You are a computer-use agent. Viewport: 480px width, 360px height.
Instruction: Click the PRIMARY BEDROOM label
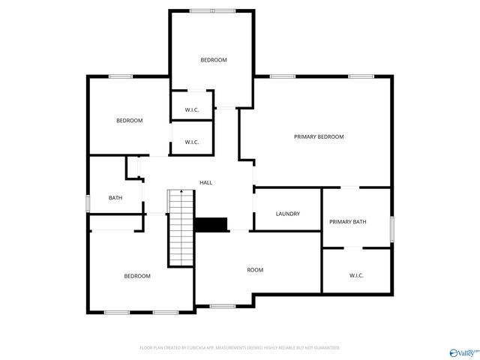point(319,136)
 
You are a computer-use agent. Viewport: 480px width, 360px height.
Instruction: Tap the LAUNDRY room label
point(288,214)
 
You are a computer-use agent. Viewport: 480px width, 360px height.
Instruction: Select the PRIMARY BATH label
point(348,221)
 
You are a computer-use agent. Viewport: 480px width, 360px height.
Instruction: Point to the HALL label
point(205,182)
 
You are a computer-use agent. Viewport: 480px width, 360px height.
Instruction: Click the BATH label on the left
point(115,198)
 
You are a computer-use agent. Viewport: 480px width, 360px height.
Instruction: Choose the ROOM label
point(255,269)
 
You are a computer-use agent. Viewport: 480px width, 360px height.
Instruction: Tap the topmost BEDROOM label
point(213,59)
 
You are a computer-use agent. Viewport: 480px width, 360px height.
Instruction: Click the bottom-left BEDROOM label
point(137,276)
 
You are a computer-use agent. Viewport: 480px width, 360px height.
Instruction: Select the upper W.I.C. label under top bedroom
point(191,110)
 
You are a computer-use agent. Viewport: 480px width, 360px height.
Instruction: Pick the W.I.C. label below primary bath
point(356,275)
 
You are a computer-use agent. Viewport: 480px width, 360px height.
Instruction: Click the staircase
point(181,229)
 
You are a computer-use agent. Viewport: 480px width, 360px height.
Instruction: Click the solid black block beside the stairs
point(211,224)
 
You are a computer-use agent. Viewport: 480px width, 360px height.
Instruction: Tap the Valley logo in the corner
point(463,352)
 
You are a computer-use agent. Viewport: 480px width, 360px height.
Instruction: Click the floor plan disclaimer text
point(240,348)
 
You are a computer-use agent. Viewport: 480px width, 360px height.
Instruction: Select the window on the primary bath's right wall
point(391,229)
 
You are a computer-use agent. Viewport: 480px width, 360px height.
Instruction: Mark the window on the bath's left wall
point(88,202)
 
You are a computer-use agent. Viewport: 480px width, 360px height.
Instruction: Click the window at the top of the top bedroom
point(211,10)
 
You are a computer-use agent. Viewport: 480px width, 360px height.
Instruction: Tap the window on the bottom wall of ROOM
point(223,306)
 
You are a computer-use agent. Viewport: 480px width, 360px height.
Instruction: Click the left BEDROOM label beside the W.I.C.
point(129,121)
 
